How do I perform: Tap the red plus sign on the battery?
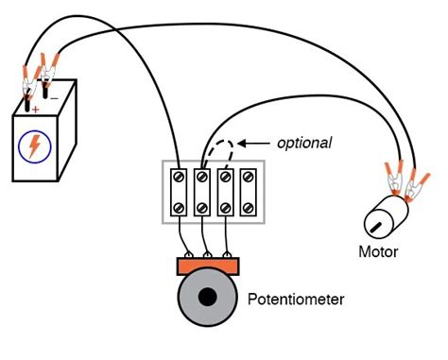tap(36, 110)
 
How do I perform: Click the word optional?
tap(303, 143)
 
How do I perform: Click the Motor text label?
tap(378, 252)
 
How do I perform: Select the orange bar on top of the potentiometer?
tap(208, 265)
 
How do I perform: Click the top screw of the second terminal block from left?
tap(202, 176)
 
